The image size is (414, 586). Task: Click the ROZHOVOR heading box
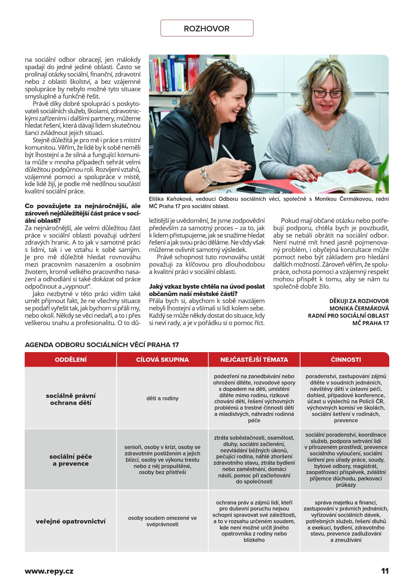tap(207, 28)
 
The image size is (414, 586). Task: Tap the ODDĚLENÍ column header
tap(71, 359)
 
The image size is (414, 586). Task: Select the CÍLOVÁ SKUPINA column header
tap(162, 359)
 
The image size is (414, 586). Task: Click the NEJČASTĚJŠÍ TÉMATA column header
tap(254, 359)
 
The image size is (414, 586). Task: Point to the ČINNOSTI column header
tap(346, 359)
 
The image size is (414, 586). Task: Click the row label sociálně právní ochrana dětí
tap(71, 399)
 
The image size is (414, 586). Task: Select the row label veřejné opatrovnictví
tap(71, 521)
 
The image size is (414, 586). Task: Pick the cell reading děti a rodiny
tap(162, 398)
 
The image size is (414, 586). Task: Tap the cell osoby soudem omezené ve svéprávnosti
tap(162, 521)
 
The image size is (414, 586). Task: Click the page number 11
tap(385, 571)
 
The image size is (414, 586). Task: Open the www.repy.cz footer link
tap(49, 571)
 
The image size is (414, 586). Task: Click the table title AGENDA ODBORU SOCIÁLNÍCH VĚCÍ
tap(102, 344)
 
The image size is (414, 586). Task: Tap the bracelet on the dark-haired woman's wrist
tap(205, 175)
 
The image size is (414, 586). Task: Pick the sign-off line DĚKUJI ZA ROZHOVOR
tap(359, 301)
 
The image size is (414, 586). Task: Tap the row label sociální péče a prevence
tap(71, 460)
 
